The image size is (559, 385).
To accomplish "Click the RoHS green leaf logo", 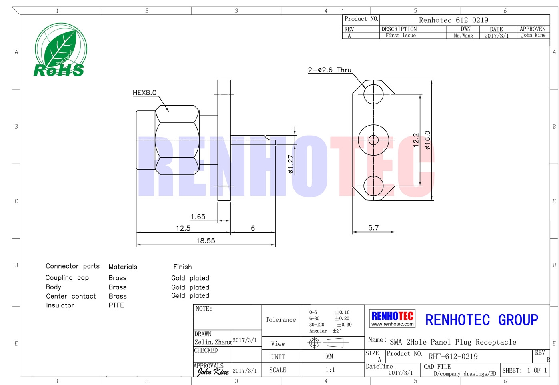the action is click(x=61, y=50).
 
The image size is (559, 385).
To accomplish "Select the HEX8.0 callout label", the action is click(x=144, y=93).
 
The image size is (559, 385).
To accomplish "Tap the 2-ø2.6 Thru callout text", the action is click(x=329, y=70).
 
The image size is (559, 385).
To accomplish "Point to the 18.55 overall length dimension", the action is click(x=206, y=241).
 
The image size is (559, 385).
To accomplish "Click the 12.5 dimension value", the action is click(x=183, y=228).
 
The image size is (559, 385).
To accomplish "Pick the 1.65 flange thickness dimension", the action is click(x=198, y=217).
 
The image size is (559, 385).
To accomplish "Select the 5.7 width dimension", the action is click(x=373, y=228).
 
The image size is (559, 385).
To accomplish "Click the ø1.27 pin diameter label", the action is click(x=291, y=164).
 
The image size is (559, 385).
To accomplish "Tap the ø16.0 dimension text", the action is click(x=427, y=140).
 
